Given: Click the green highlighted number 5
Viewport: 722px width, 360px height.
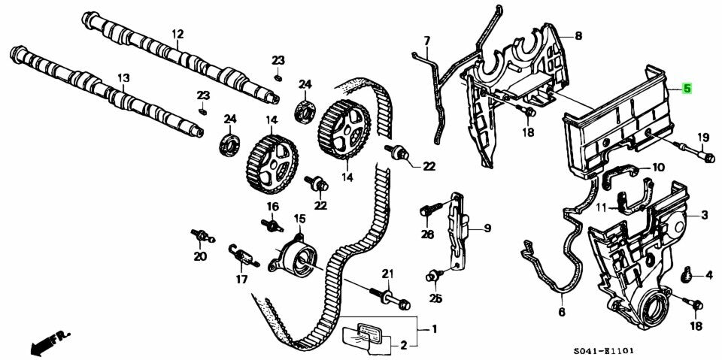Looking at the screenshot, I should pos(686,88).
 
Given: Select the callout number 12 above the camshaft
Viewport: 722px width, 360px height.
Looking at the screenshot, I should pos(177,34).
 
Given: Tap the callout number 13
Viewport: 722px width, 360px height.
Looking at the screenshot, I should pos(123,77).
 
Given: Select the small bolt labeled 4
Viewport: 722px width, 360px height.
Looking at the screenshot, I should pos(687,277).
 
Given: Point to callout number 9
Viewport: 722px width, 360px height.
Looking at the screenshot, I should pos(486,228).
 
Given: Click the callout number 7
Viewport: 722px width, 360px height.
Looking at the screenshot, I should pos(426,40).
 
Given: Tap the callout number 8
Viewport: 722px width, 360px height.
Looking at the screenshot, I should pos(578,35).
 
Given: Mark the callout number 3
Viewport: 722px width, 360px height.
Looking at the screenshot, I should pos(705,216).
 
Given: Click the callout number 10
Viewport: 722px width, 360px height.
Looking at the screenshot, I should pos(658,168).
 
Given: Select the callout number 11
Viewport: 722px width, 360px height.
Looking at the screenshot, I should pos(602,207).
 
